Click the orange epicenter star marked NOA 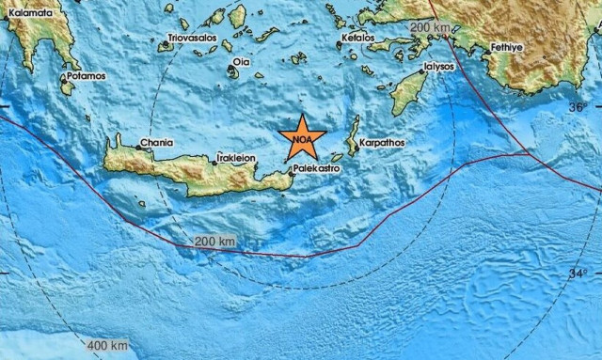(x=302, y=139)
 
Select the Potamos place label (x=85, y=75)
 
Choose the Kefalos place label (x=357, y=39)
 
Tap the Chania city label (x=155, y=142)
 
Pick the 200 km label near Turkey (x=430, y=27)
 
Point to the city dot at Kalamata (x=8, y=11)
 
